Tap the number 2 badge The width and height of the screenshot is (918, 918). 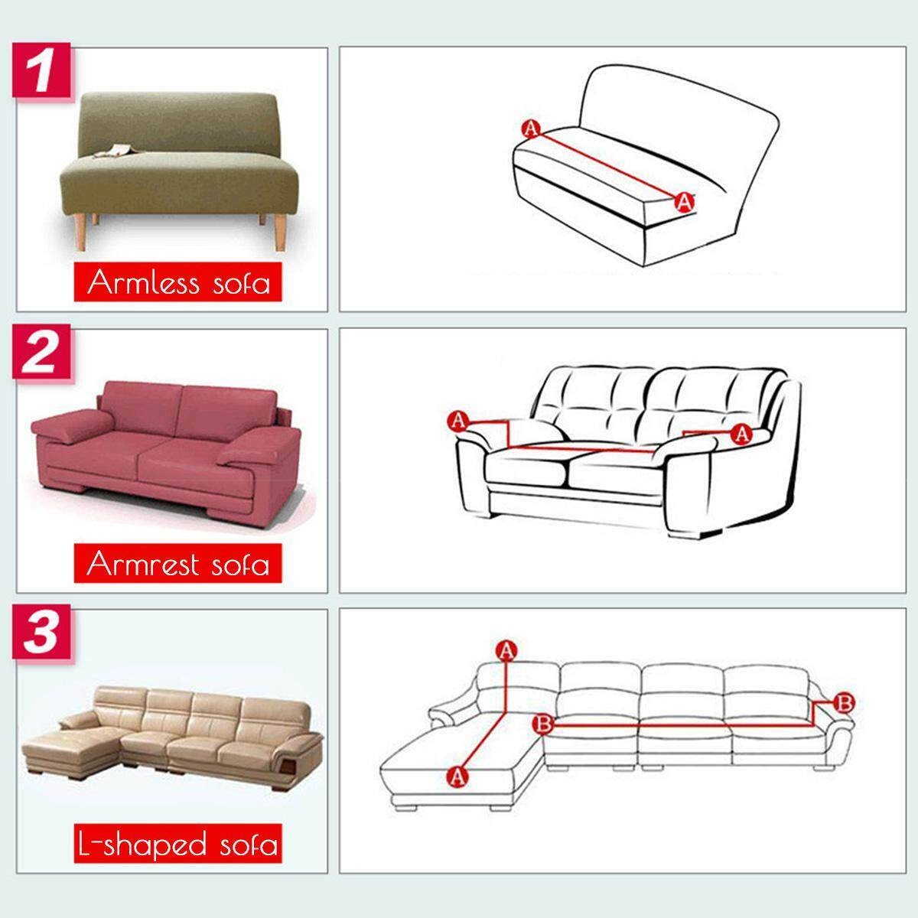(41, 352)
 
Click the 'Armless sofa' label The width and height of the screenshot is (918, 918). (177, 282)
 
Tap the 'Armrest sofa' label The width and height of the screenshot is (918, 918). (177, 563)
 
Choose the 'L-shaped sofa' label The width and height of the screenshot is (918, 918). (177, 843)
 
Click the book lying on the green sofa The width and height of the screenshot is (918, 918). (113, 150)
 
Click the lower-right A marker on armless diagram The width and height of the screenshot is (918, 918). (684, 203)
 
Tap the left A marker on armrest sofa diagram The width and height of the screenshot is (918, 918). (458, 422)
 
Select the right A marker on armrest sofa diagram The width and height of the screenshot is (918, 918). (742, 434)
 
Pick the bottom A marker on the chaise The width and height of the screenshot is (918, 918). (457, 776)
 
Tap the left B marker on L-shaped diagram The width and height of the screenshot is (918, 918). (543, 724)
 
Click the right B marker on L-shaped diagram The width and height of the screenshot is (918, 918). (844, 703)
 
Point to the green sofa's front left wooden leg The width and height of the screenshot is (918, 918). (81, 233)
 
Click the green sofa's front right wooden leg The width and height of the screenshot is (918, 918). (281, 233)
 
